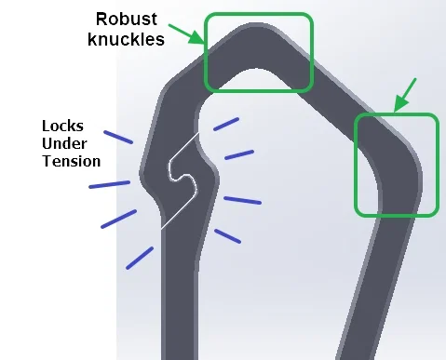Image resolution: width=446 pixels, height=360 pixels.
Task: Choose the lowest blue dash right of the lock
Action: [x=228, y=235]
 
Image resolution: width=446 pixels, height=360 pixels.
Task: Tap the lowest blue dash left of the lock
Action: [x=140, y=258]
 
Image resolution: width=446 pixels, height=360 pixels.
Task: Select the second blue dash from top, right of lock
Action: [x=239, y=153]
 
